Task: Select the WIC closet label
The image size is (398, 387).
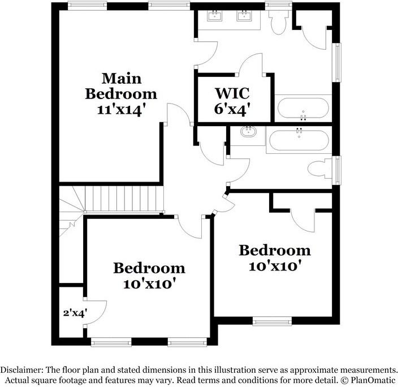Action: click(x=232, y=92)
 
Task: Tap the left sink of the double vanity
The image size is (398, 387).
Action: click(x=215, y=16)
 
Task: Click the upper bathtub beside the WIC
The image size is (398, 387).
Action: click(x=302, y=108)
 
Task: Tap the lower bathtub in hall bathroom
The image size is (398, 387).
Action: click(x=298, y=139)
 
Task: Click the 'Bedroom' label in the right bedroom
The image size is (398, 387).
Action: click(x=274, y=250)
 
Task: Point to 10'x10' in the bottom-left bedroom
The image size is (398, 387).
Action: click(x=149, y=283)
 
